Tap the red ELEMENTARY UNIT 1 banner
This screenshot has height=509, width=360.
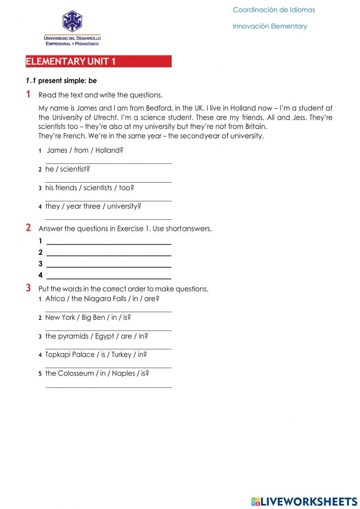click(98, 61)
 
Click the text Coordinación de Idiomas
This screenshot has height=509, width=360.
click(274, 10)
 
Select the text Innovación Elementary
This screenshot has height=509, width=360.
click(270, 26)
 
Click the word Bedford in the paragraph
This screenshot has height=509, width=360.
click(159, 108)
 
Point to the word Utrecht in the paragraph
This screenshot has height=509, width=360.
click(105, 117)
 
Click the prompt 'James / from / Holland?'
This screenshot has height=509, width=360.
click(85, 150)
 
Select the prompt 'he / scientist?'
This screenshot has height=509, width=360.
click(67, 169)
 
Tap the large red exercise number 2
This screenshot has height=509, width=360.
click(28, 228)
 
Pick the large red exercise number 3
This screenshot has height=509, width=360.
click(28, 288)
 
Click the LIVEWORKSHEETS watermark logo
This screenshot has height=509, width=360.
click(304, 501)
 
